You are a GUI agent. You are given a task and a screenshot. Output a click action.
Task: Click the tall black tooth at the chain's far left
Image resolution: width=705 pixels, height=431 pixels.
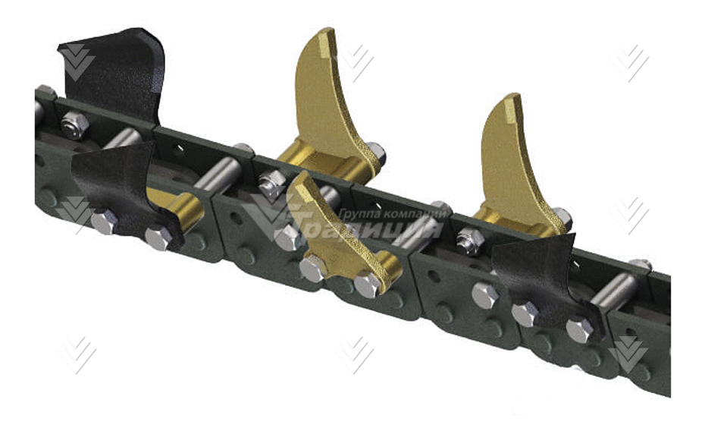tap(114, 72)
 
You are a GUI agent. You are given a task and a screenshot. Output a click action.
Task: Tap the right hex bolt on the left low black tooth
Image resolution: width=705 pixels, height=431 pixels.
tap(158, 238)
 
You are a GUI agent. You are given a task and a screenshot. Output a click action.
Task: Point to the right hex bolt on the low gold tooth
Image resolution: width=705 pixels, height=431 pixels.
tap(368, 284)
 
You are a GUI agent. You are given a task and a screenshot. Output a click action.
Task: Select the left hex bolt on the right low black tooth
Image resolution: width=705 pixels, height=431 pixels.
tap(522, 313)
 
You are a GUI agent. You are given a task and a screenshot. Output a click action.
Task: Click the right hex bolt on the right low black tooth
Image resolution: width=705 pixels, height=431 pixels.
tap(579, 329)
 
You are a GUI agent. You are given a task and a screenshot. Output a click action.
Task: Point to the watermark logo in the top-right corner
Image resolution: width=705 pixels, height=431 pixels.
tap(631, 62)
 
